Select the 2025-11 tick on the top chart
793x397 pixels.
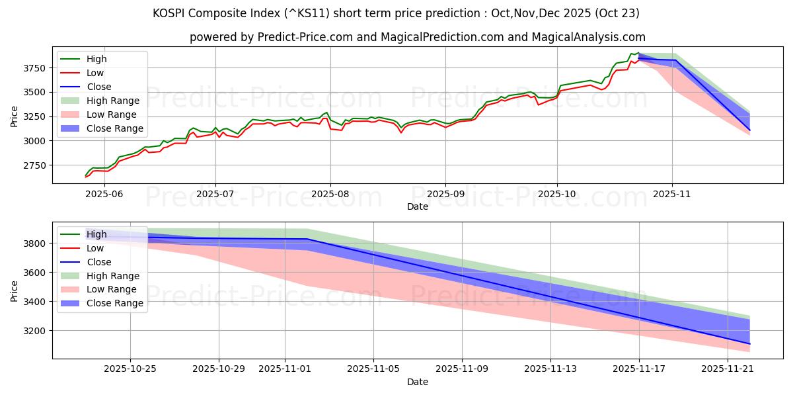pos(672,195)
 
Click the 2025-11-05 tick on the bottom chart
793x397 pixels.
pos(373,369)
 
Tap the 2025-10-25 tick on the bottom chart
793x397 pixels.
pos(130,369)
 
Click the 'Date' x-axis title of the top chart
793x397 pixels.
pos(417,206)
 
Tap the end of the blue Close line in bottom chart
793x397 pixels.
pos(749,344)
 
